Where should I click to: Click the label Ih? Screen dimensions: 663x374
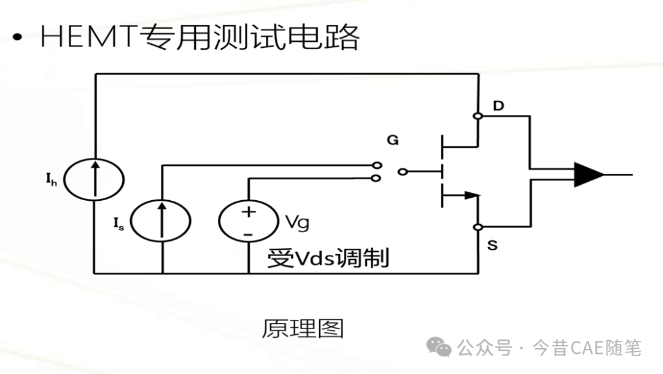[51, 179]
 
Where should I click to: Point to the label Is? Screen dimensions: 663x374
[119, 224]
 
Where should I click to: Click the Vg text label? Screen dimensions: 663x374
[297, 222]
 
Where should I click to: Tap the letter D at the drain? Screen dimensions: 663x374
[498, 106]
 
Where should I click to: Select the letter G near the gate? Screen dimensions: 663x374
[393, 140]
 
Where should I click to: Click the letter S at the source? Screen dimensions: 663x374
[492, 245]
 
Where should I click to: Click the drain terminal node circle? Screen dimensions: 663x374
[478, 116]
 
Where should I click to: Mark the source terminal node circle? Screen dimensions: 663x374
[478, 227]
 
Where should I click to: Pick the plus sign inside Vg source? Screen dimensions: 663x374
[249, 211]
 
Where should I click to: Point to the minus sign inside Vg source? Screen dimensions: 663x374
[248, 235]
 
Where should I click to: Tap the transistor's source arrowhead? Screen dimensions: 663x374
[472, 195]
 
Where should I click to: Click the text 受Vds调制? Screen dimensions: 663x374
[328, 258]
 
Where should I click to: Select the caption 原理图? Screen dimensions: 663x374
[303, 329]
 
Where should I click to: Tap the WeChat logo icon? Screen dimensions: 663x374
[438, 348]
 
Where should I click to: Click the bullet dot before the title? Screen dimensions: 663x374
[17, 37]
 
